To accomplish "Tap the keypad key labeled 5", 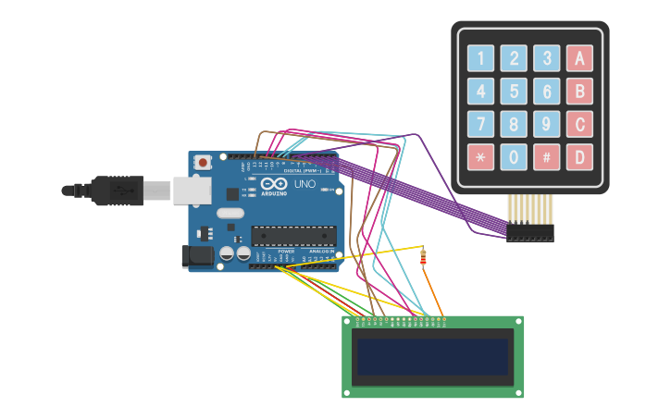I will (x=514, y=92).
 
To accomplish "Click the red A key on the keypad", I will (x=579, y=58).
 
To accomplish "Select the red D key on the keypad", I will (x=579, y=157).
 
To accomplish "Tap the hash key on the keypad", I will (x=546, y=157).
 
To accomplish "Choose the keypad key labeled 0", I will (x=514, y=157).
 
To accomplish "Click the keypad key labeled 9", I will (x=546, y=124).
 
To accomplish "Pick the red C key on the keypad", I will (x=579, y=124).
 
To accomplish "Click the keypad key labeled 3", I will (x=546, y=58).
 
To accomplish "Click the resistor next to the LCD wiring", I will (x=423, y=257).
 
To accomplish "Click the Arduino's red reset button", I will (x=203, y=162).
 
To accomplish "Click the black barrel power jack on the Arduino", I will (x=196, y=256).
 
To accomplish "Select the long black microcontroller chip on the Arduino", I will (x=292, y=236).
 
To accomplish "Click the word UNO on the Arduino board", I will (x=305, y=184).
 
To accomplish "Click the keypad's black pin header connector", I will (x=529, y=232).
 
